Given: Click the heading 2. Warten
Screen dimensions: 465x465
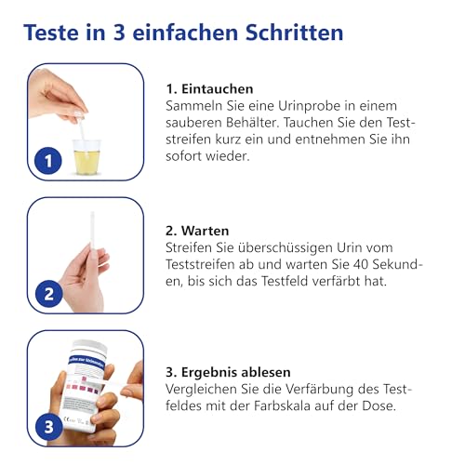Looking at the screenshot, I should coord(197,230).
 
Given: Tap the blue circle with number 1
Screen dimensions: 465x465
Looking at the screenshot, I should coord(47,161).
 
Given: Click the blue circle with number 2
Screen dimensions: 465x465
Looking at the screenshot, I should coord(47,295).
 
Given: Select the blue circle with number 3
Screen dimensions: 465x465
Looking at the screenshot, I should coord(47,429).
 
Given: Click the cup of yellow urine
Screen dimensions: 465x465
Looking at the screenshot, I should coord(86,154).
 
